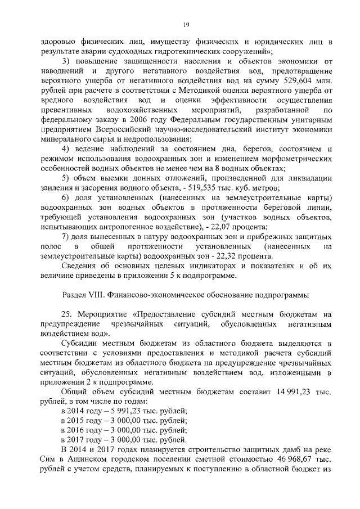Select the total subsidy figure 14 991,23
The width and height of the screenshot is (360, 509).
click(296, 391)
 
